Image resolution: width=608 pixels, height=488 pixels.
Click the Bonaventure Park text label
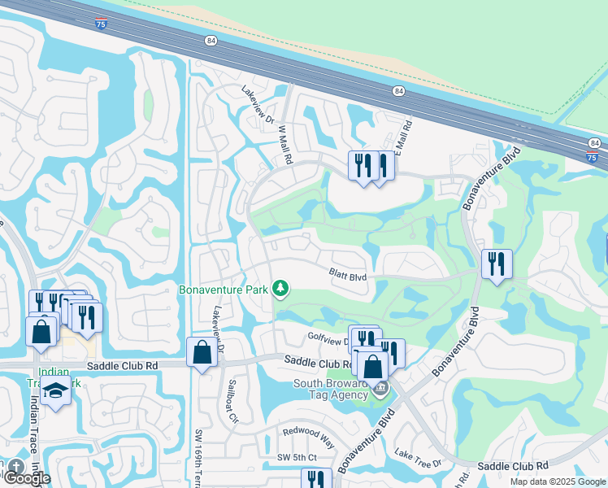(224, 289)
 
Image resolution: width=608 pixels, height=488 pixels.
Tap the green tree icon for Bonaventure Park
(280, 288)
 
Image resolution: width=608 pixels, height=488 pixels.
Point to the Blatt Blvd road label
(348, 277)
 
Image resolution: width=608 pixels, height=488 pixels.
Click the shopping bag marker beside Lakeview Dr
(202, 353)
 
